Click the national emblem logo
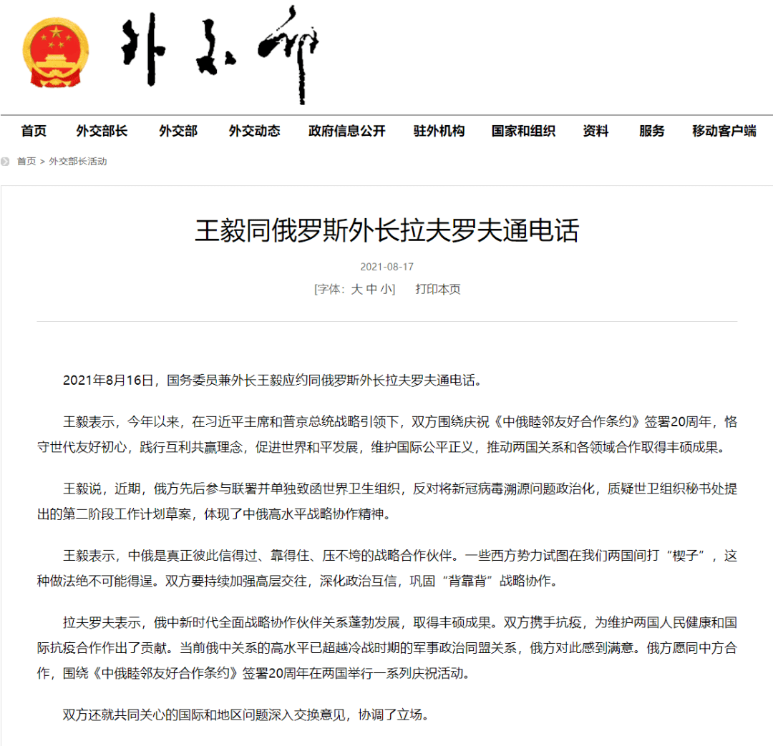point(56,52)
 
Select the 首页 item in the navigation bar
point(34,131)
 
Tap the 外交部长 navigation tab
point(102,131)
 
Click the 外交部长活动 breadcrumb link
point(77,162)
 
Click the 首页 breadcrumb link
point(26,162)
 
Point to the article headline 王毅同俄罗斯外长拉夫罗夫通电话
point(386,231)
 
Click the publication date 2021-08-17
point(386,267)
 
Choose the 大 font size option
point(356,290)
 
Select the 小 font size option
point(386,290)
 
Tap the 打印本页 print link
point(438,290)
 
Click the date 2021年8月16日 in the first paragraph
point(108,380)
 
